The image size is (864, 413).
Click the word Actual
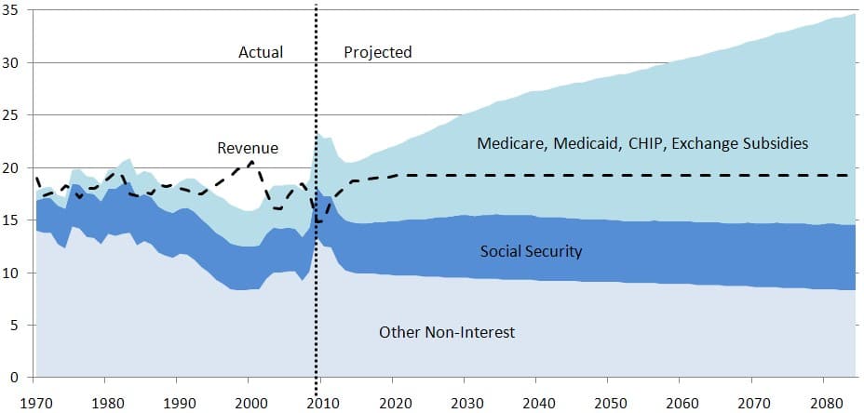(261, 52)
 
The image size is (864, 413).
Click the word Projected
(377, 52)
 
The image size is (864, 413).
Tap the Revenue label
(248, 148)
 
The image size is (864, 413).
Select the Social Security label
(532, 251)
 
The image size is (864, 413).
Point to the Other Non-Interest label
(447, 332)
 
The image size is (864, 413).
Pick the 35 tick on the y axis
(15, 10)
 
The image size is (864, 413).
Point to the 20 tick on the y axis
(15, 167)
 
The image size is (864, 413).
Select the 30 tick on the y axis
(15, 62)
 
